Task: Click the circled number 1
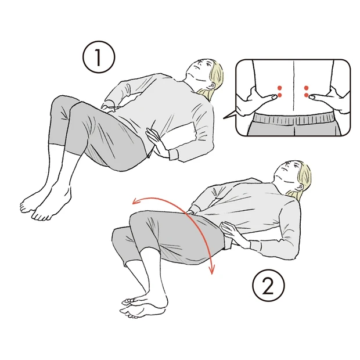(x=99, y=57)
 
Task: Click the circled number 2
(x=268, y=286)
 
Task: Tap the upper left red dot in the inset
(x=280, y=88)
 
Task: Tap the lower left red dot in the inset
(x=280, y=95)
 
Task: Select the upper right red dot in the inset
(x=306, y=88)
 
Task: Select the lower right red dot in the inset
(x=306, y=95)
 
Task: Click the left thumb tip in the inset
(x=275, y=97)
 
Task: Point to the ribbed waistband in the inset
(x=294, y=119)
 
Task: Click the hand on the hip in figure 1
(x=156, y=142)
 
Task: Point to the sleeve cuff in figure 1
(x=174, y=154)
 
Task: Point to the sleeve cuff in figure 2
(x=255, y=247)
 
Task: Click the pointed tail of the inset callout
(x=224, y=118)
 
